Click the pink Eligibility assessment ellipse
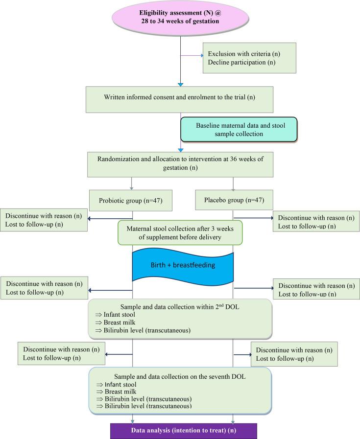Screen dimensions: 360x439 [x=180, y=17]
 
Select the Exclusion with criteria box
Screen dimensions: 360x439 [x=249, y=58]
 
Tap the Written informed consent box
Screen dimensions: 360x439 [x=179, y=99]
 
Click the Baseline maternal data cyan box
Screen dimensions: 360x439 [x=239, y=129]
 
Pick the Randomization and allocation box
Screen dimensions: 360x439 [x=180, y=164]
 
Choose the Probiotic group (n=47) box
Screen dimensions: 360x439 [x=131, y=201]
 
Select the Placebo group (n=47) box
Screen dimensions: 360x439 [x=234, y=200]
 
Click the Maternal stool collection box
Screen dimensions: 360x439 [x=180, y=232]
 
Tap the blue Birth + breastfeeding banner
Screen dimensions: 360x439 [x=183, y=265]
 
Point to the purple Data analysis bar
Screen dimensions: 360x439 [x=184, y=431]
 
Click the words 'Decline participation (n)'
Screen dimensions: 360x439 [x=241, y=63]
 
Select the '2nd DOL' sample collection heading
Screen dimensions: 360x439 [x=180, y=306]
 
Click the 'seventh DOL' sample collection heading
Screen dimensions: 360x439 [x=180, y=376]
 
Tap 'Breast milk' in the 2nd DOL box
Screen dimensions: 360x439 [x=120, y=322]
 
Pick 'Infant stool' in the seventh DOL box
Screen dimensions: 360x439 [x=120, y=384]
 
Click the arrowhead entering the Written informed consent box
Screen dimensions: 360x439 [x=180, y=85]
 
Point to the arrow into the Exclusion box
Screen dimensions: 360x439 [x=192, y=55]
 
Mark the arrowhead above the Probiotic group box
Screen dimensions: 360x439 [x=131, y=188]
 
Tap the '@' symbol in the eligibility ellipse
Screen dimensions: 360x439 [x=218, y=13]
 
